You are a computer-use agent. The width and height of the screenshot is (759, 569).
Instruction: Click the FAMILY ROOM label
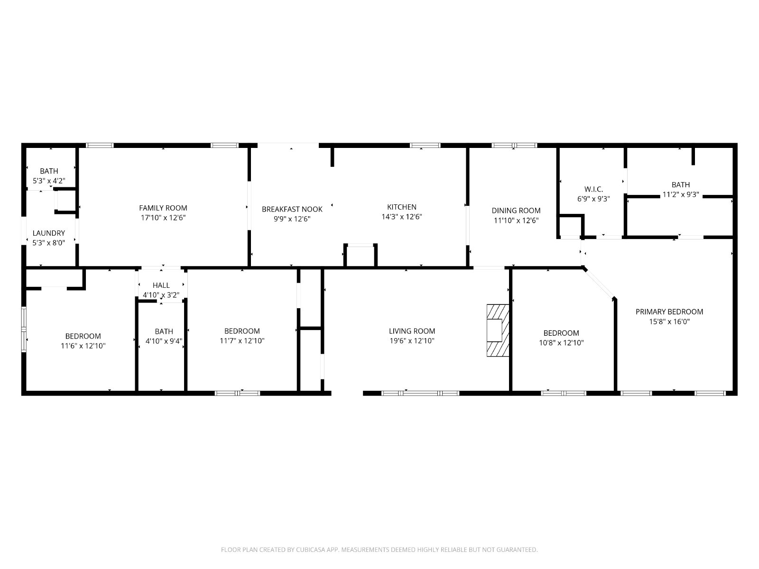point(163,208)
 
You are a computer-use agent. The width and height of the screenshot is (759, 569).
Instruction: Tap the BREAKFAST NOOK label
point(292,209)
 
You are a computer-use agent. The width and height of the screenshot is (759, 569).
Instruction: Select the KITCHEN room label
point(401,207)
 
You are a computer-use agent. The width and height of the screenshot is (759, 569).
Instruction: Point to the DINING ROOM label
point(516,211)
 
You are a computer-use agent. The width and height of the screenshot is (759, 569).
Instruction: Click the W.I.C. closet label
point(593,189)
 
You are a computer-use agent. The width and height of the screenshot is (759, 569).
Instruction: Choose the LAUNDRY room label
point(49,233)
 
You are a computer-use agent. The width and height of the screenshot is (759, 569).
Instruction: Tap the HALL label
point(161,285)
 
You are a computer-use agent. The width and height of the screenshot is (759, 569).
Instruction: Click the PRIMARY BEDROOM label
point(669,312)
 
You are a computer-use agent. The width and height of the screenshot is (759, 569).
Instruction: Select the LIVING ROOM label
point(412,331)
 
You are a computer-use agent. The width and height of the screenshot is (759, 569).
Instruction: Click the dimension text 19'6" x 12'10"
point(412,340)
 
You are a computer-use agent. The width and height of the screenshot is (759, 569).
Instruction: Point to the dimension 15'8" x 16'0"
point(669,321)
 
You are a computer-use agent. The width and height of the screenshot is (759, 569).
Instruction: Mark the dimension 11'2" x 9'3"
point(681,194)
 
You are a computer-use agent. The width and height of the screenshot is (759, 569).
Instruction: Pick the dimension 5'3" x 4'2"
point(49,181)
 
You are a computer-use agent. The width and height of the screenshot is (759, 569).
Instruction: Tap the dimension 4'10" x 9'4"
point(164,341)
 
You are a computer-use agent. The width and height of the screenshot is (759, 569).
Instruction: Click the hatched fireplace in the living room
point(498,330)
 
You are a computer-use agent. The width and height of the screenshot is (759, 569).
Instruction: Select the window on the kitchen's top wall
point(425,146)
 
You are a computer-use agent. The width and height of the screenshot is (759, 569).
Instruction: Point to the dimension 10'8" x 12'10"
point(561,343)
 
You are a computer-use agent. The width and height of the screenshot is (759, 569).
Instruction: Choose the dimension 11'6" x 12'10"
point(83,346)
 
